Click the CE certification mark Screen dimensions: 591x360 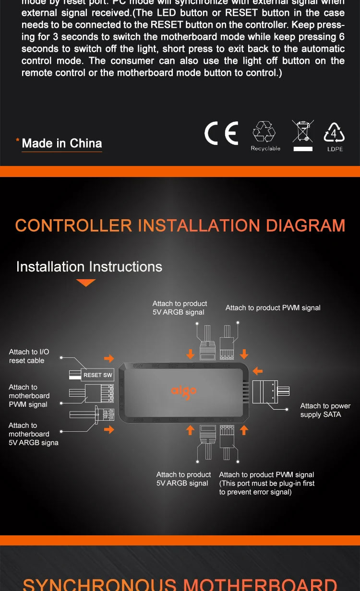click(221, 133)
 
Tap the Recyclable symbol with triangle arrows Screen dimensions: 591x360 click(265, 132)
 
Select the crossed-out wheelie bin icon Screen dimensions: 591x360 click(303, 131)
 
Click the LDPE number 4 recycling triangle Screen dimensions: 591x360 click(335, 133)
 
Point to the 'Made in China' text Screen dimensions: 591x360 click(62, 143)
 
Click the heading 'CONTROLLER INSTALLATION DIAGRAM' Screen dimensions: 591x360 click(180, 225)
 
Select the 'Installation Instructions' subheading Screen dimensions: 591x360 click(89, 267)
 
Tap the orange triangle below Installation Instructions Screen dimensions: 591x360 click(86, 283)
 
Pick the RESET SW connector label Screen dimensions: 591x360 click(97, 375)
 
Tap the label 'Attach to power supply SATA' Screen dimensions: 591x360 click(325, 410)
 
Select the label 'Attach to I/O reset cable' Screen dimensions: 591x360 click(29, 356)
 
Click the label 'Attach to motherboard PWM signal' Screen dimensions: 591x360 click(29, 396)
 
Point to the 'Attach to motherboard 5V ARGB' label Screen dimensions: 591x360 click(33, 434)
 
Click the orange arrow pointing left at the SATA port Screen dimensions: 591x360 click(258, 371)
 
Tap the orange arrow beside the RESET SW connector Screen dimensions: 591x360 click(109, 358)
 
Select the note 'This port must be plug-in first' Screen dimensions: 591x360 click(266, 487)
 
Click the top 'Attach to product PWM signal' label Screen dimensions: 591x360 click(273, 307)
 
